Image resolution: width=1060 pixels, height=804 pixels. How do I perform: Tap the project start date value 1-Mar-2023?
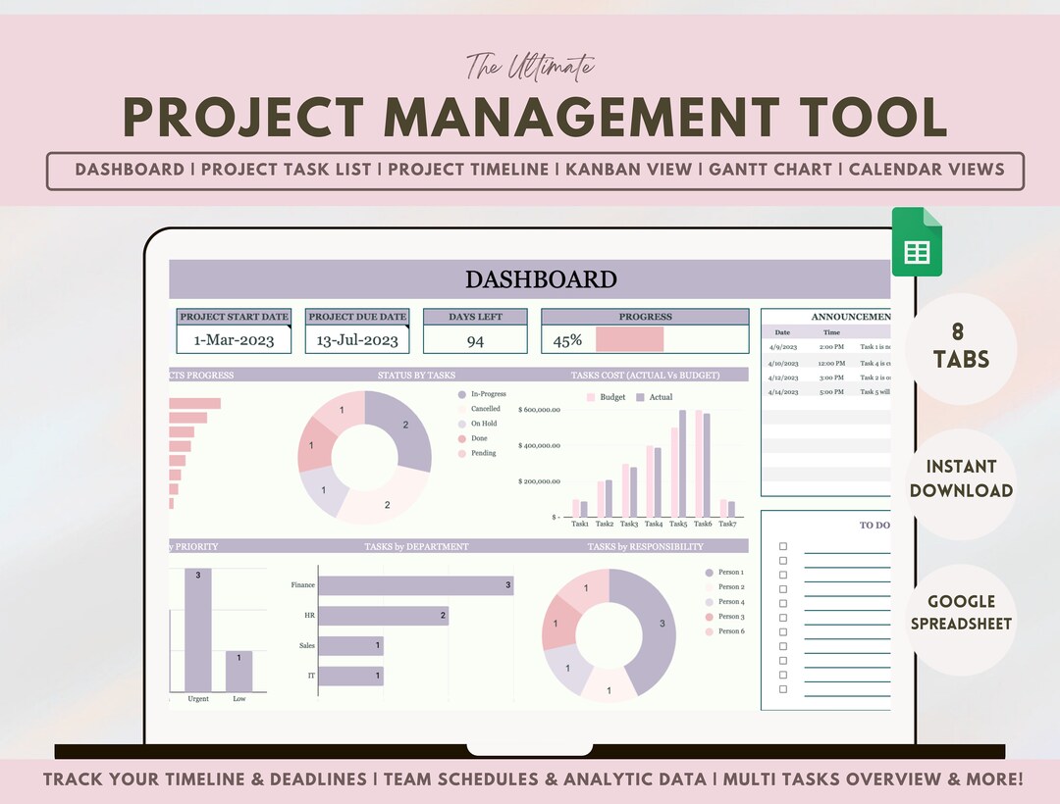pyautogui.click(x=234, y=340)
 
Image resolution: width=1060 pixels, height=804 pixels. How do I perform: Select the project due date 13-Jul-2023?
pyautogui.click(x=357, y=340)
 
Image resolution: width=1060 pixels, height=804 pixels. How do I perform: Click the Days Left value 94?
pyautogui.click(x=475, y=340)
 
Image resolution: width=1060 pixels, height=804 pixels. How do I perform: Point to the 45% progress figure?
pyautogui.click(x=567, y=340)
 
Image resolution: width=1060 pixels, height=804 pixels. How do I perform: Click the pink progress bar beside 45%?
pyautogui.click(x=629, y=339)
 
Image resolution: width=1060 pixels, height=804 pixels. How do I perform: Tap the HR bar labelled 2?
pyautogui.click(x=383, y=616)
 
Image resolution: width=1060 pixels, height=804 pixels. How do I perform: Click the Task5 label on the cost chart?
pyautogui.click(x=678, y=525)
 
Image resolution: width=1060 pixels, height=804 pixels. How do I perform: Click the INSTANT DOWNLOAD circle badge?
pyautogui.click(x=961, y=478)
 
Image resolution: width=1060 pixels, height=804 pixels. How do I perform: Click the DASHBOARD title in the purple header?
pyautogui.click(x=541, y=279)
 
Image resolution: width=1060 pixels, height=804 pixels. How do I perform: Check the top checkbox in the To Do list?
pyautogui.click(x=782, y=546)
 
